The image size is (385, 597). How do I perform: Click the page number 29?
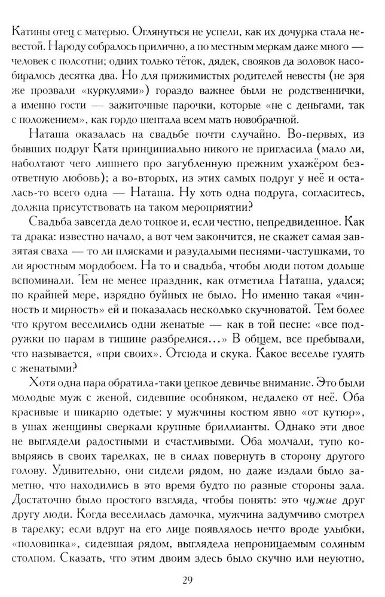click(x=192, y=579)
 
